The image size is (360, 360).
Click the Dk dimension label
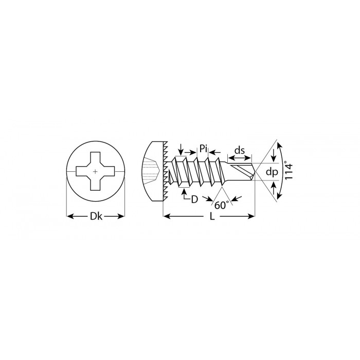[96, 216]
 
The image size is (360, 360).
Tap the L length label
[212, 217]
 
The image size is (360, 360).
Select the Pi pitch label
[203, 148]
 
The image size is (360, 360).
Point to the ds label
[240, 151]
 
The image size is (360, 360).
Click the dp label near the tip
[272, 172]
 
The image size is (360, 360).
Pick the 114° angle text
[289, 171]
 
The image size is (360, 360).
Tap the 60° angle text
[222, 205]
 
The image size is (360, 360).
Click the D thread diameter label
[194, 200]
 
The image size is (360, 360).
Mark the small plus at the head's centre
[96, 171]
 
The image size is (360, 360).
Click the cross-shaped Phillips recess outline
[96, 171]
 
